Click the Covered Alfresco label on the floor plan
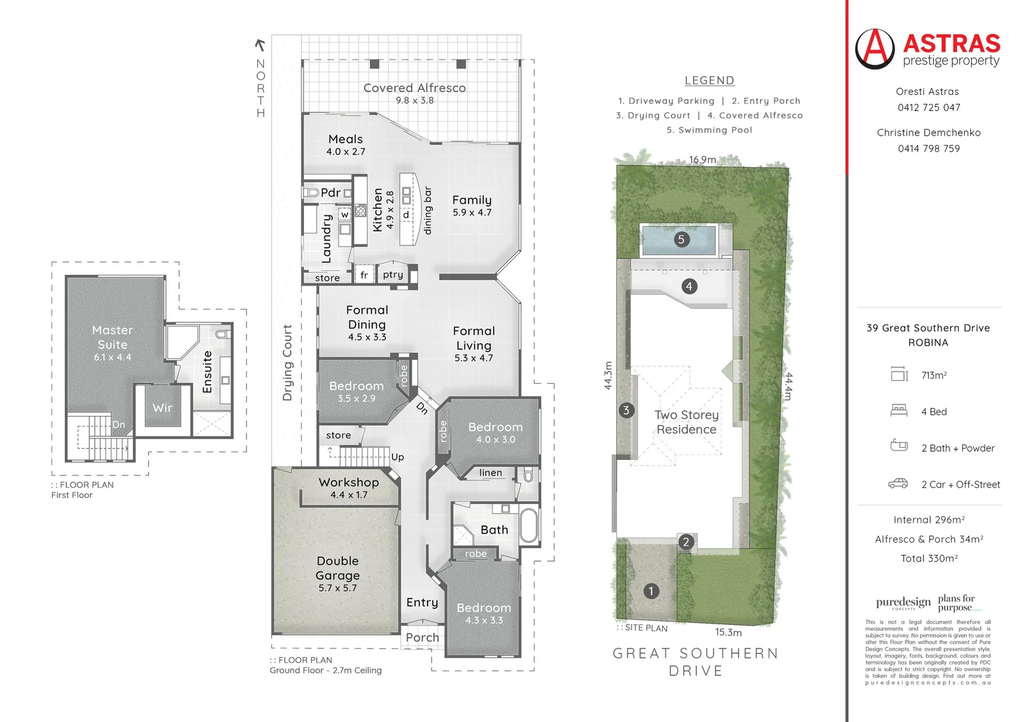[414, 88]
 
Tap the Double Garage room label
[337, 568]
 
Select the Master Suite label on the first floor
[112, 338]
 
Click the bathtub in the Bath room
[529, 525]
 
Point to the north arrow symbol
[260, 45]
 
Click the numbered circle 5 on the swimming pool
[681, 239]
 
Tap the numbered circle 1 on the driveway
[651, 591]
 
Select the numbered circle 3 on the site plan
[626, 410]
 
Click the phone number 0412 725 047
[928, 108]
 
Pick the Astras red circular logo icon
[875, 49]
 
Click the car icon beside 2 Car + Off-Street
[897, 483]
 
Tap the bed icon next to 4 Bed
[899, 410]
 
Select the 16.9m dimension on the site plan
[702, 160]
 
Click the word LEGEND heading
[709, 81]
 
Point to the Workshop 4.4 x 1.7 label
[348, 483]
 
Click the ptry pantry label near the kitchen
[393, 275]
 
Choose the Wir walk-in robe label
[162, 408]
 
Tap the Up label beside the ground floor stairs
[398, 457]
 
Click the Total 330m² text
[929, 558]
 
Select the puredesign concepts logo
[903, 603]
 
